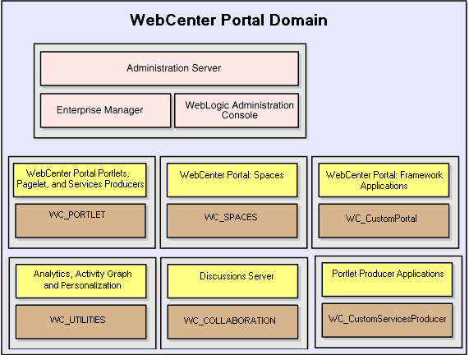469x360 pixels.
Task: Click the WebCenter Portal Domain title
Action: click(228, 21)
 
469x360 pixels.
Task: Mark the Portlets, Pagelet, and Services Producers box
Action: click(80, 179)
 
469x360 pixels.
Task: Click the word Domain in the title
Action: click(296, 21)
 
